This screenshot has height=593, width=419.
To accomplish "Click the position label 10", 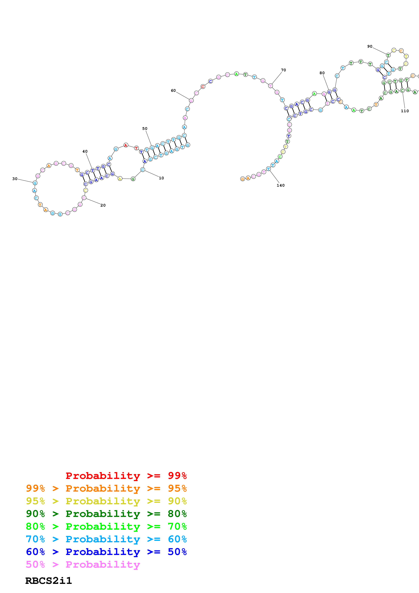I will pos(161,178).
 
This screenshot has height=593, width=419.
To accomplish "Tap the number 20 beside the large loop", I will pos(103,205).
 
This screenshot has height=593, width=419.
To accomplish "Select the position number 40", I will pos(85,151).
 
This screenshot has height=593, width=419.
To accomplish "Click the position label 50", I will pos(145,129).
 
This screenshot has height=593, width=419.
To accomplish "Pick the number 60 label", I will pos(173,91).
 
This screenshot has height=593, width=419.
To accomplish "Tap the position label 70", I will pos(283,70).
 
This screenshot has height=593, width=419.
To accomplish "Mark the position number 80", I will pos(322,73).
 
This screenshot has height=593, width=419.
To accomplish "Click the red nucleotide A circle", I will pos(126,145).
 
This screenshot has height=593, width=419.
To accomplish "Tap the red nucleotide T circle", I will pos(136,148).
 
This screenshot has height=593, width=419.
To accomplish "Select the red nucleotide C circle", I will pos(203,87).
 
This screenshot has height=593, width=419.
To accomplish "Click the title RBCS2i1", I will pos(49,581).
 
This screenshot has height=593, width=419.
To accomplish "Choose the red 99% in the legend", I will pos(177,476).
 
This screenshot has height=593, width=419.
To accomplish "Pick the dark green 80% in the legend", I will pos(177,514).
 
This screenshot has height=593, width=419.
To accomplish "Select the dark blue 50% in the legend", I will pos(177,552).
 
